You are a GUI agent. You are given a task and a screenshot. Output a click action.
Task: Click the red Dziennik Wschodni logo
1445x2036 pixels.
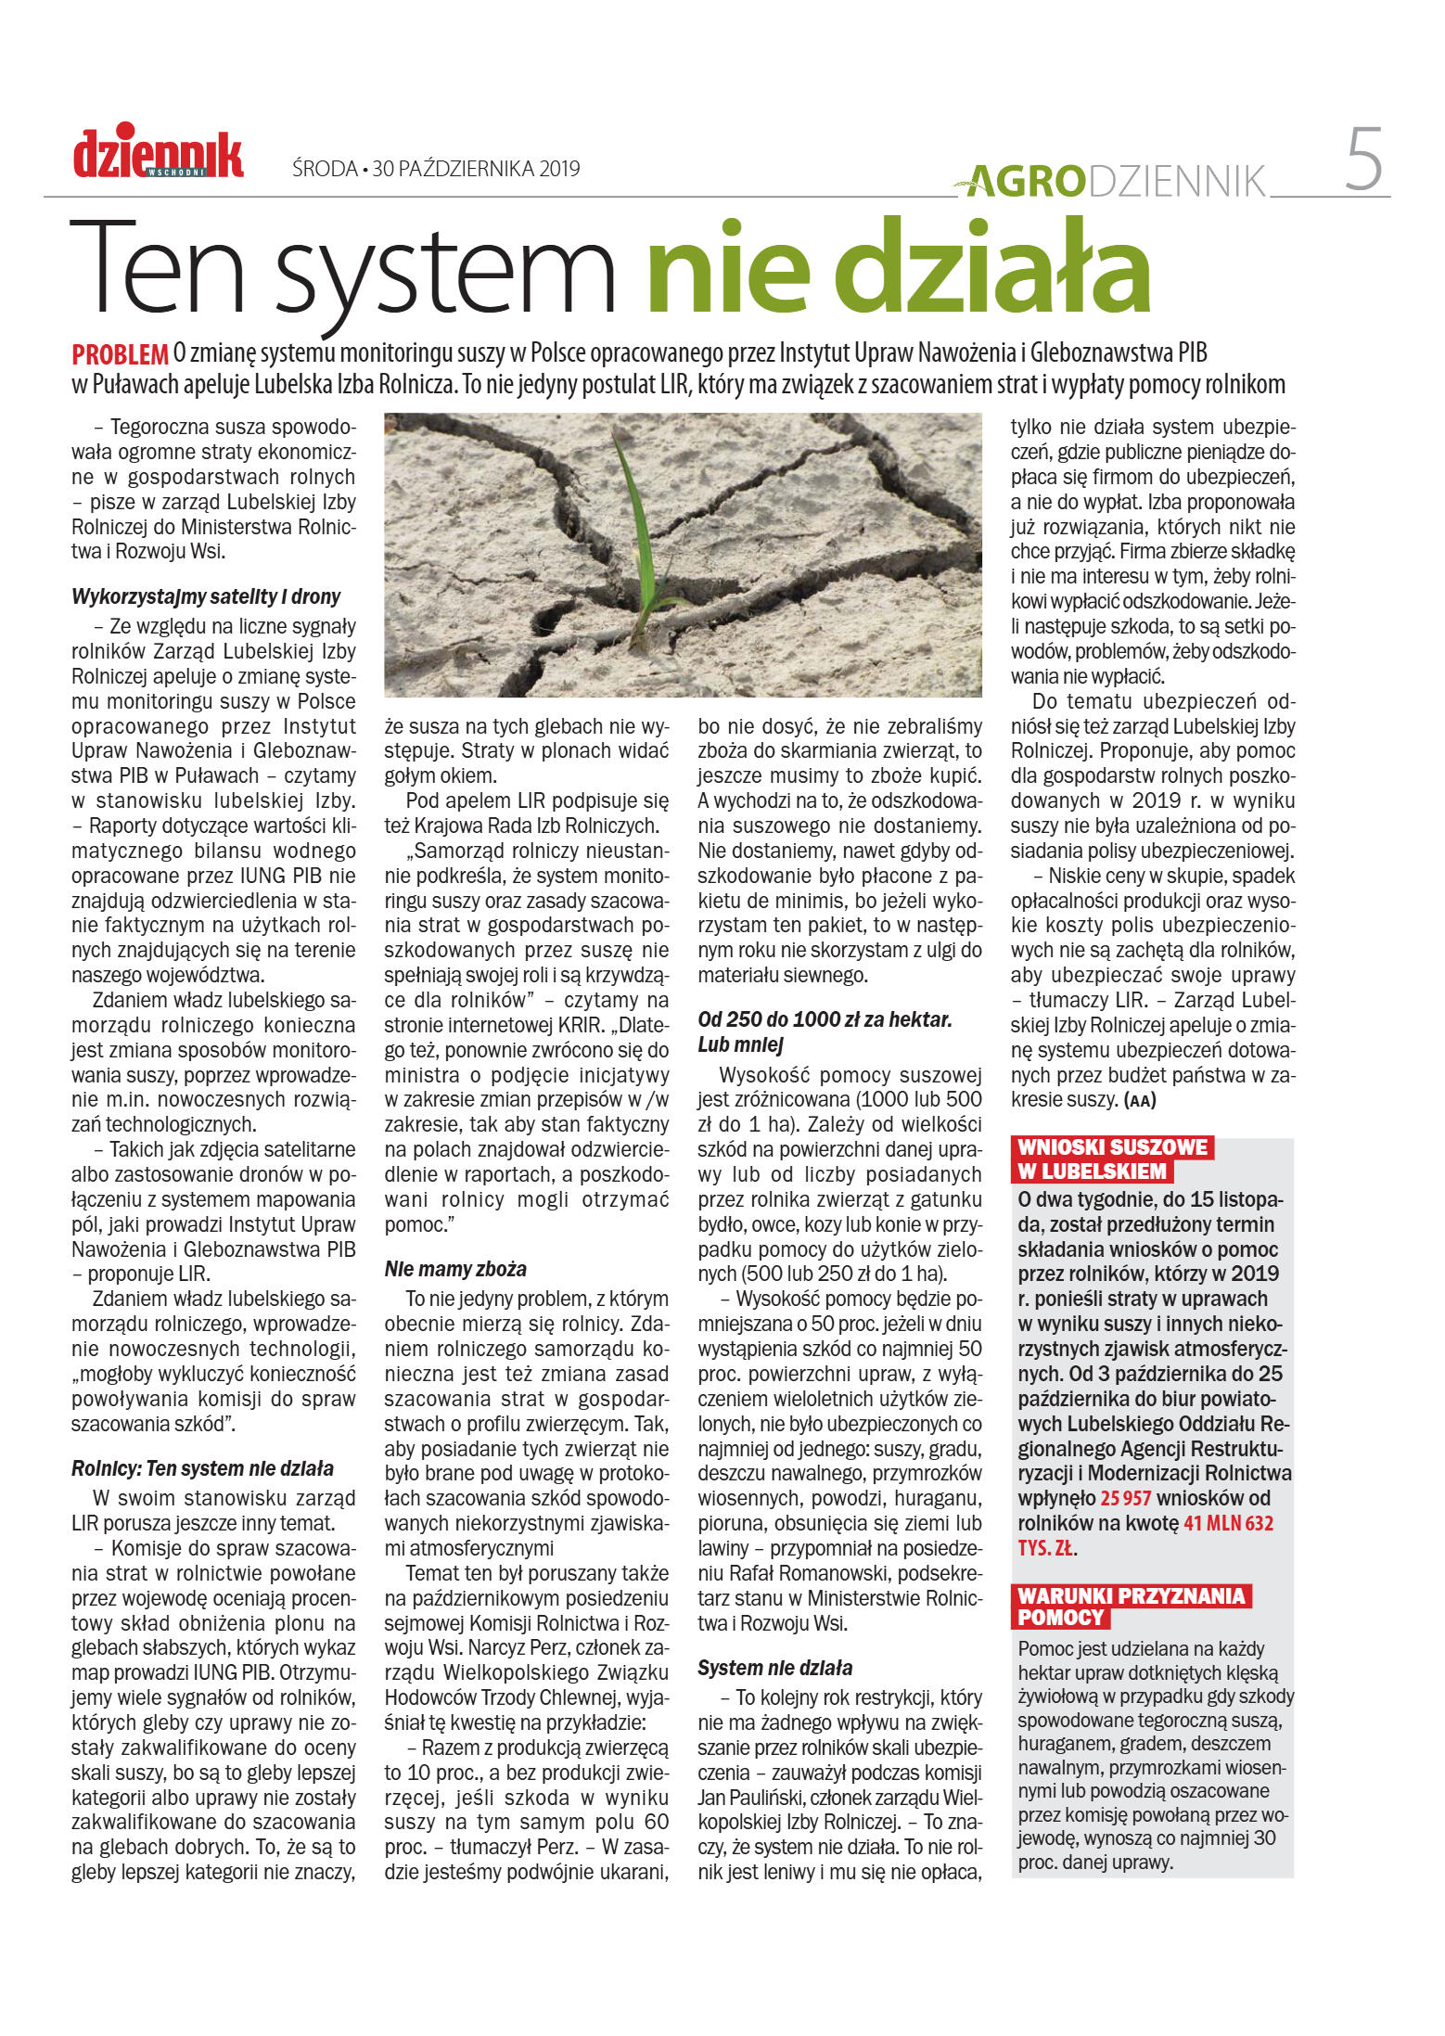click(158, 153)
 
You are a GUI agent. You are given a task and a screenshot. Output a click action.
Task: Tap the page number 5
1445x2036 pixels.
click(1362, 160)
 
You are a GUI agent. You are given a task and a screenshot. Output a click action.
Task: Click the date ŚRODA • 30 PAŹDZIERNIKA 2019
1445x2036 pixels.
click(435, 169)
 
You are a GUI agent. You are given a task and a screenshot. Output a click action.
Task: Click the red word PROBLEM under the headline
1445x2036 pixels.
click(120, 354)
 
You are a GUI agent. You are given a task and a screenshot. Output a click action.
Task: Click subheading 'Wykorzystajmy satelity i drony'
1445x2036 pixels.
click(206, 596)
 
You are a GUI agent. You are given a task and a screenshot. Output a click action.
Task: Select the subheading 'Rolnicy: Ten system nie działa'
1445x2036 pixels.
click(202, 1468)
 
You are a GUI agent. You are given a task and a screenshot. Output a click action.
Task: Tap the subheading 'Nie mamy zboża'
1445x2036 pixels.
click(455, 1269)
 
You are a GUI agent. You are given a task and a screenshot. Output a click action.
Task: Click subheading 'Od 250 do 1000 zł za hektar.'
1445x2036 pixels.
click(825, 1019)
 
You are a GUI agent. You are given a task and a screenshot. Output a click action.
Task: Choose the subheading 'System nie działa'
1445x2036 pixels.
click(774, 1668)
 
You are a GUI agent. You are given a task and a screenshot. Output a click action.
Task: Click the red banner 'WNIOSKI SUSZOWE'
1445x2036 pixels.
click(1112, 1147)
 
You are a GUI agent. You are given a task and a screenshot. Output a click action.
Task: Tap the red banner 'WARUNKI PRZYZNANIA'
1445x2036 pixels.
click(1131, 1595)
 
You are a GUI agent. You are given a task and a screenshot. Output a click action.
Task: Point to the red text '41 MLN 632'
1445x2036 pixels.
click(1228, 1523)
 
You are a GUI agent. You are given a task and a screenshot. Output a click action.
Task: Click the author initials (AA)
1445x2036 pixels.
click(1139, 1101)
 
